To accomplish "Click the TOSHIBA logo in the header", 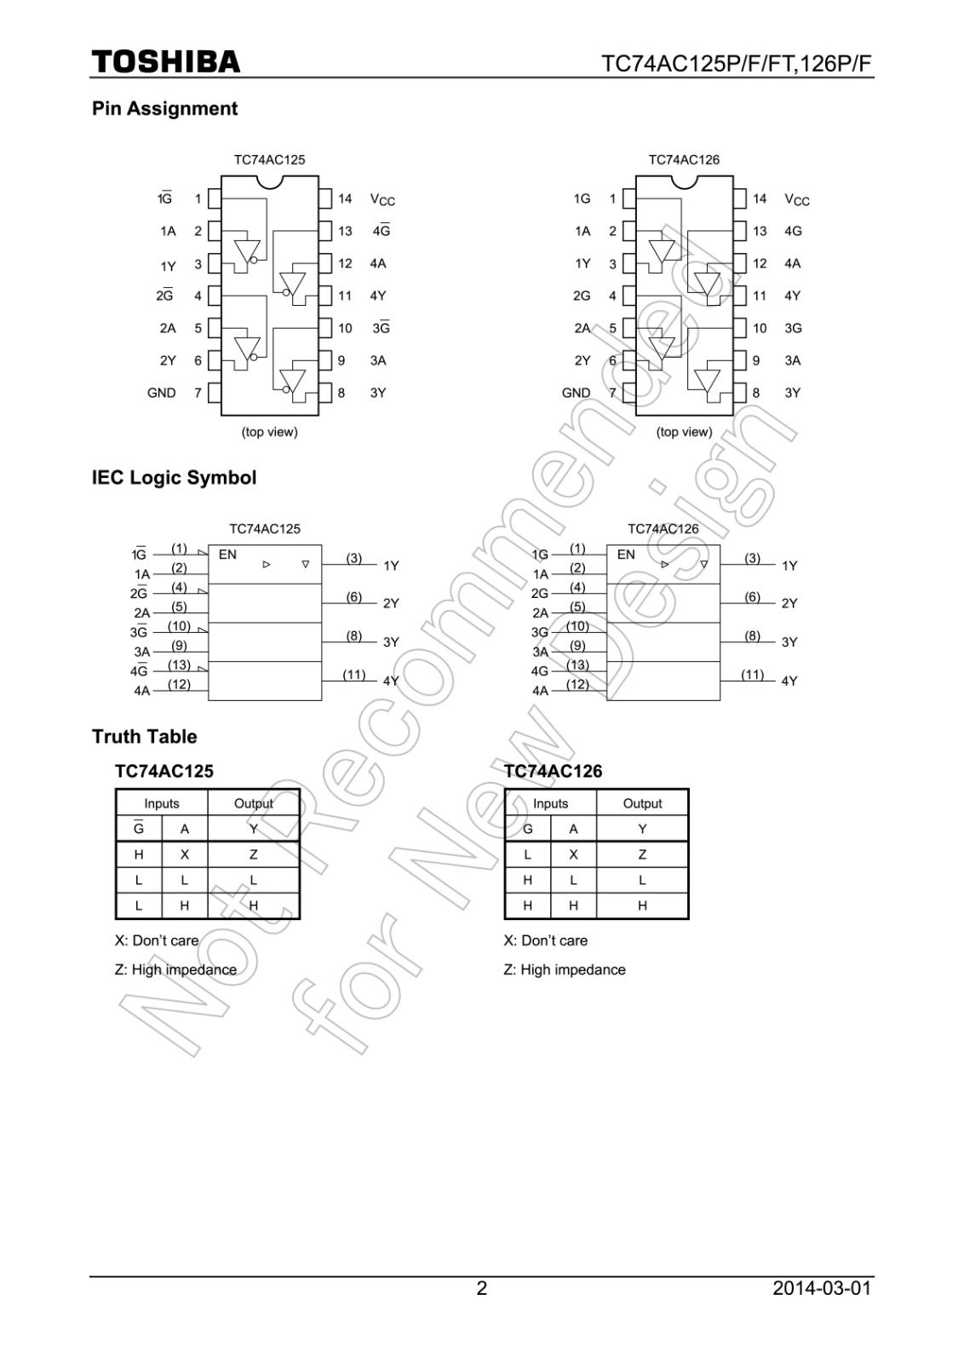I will [166, 62].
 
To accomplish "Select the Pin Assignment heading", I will [164, 108].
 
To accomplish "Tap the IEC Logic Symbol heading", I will [174, 477].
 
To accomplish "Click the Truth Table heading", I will [144, 736].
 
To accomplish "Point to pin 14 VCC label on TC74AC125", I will [382, 199].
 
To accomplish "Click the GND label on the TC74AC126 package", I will [576, 393].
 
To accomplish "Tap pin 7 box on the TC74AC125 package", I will [215, 393].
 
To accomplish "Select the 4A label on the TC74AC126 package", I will [792, 263].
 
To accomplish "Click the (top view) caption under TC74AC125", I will [270, 432].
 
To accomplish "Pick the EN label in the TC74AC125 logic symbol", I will [227, 555].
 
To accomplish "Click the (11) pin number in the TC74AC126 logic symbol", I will [752, 674].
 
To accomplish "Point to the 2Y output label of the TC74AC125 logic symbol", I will [391, 603].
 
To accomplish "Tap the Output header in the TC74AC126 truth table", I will [642, 803].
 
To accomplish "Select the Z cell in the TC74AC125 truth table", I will [253, 854].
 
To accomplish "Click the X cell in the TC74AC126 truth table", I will [573, 854].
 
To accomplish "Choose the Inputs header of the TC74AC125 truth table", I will [162, 803].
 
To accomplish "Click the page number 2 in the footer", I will [482, 1288].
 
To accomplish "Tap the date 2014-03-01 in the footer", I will [822, 1288].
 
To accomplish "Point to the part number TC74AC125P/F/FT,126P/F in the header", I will [737, 65].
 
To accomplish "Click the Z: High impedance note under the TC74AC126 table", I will [565, 969].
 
